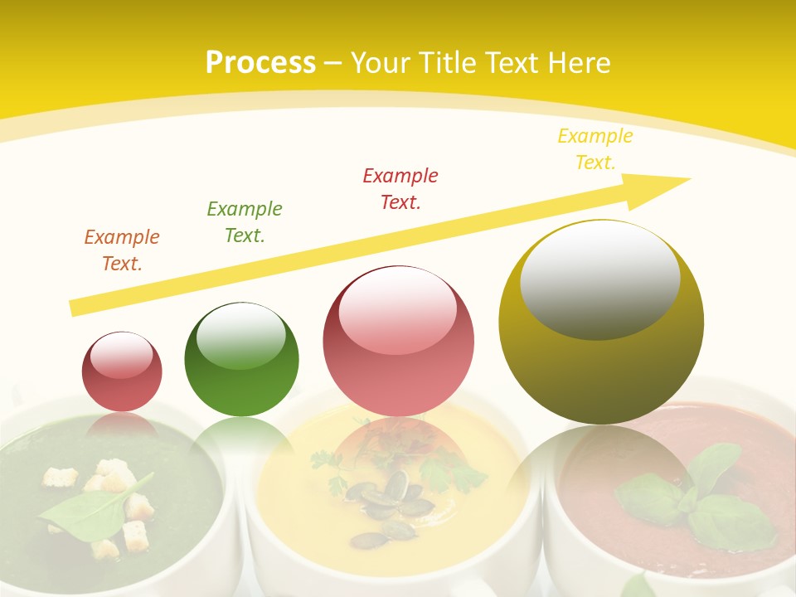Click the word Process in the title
[x=260, y=63]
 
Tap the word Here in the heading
[x=577, y=63]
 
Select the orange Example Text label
[x=122, y=250]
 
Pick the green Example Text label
[x=245, y=222]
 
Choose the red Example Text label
[x=400, y=188]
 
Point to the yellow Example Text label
[x=595, y=149]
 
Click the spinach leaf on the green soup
[x=91, y=506]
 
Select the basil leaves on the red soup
[x=696, y=498]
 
